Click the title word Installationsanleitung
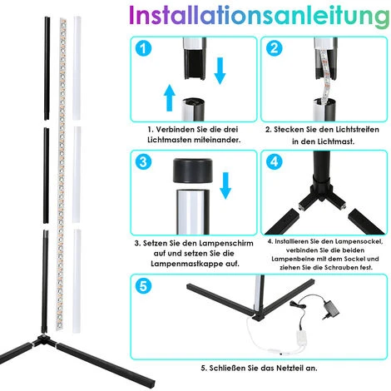[260, 16]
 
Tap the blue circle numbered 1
[143, 48]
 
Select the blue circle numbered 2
[274, 48]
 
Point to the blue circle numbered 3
[143, 162]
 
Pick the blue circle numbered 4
[274, 162]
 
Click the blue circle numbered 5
[143, 286]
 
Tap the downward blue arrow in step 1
[220, 71]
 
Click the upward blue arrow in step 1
[170, 97]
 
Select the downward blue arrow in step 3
[225, 186]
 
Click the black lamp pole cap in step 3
[193, 171]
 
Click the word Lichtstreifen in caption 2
[357, 130]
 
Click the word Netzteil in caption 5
[289, 368]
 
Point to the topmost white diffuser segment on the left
[77, 68]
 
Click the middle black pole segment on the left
[46, 176]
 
